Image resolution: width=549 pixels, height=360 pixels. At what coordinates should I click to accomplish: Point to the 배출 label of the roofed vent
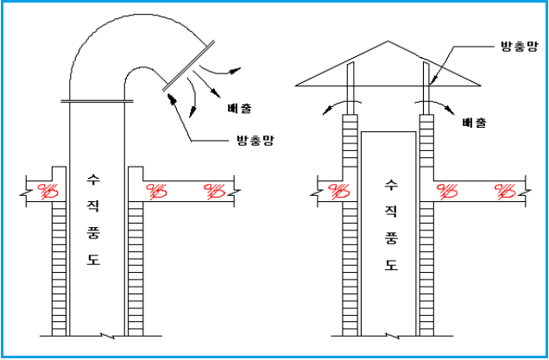pos(474,123)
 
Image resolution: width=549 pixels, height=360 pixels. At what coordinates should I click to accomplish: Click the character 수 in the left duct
pos(93,180)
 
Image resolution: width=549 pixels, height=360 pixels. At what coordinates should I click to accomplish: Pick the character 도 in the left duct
pos(93,260)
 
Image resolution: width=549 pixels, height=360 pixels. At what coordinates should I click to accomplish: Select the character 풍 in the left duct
pos(93,233)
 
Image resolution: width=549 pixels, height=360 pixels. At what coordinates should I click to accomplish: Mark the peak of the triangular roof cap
pos(387,41)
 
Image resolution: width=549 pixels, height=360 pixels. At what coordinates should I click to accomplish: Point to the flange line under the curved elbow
pos(98,102)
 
